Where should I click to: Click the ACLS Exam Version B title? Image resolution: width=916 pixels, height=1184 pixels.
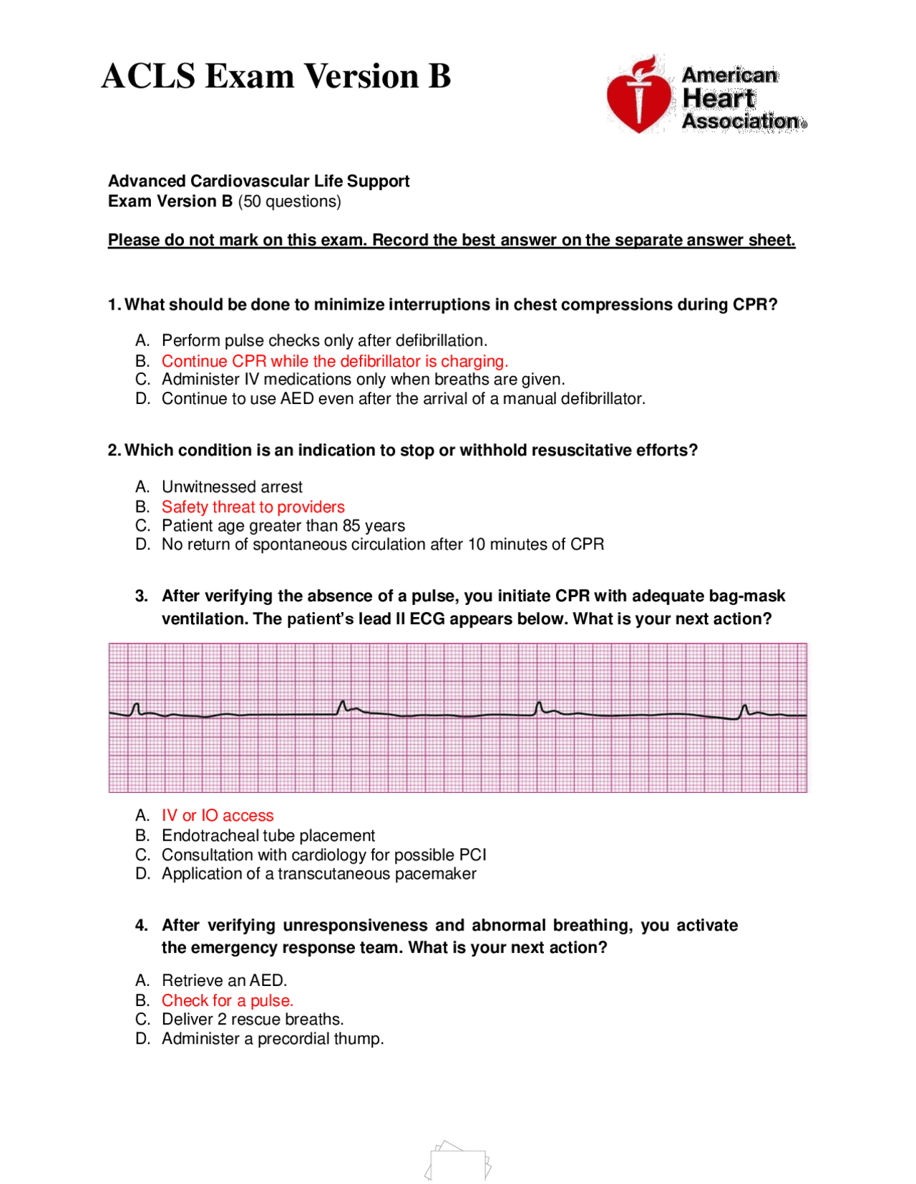[x=276, y=77]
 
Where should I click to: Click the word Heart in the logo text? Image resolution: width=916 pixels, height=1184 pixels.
[x=718, y=99]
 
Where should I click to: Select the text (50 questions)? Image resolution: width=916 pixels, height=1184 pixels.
[x=289, y=202]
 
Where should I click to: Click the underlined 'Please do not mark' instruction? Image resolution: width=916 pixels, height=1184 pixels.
[x=451, y=240]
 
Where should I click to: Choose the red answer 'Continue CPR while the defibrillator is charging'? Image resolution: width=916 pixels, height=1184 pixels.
[x=334, y=361]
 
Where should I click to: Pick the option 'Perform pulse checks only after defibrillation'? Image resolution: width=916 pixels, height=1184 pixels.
[x=324, y=340]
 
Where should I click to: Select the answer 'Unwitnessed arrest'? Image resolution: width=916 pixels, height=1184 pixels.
[x=232, y=487]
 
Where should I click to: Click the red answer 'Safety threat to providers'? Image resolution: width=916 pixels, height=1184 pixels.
[x=253, y=507]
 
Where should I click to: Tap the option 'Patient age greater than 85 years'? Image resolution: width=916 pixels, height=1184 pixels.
[x=283, y=526]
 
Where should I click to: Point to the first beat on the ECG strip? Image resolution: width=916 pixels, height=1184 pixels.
[x=135, y=709]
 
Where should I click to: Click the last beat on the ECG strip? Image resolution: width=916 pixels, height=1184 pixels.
[x=744, y=711]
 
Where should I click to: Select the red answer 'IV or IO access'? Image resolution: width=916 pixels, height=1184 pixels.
[x=218, y=816]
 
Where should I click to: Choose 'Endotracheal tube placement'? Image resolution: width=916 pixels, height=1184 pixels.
[x=268, y=836]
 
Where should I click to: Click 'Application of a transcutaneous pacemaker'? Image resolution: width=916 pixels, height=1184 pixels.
[x=318, y=874]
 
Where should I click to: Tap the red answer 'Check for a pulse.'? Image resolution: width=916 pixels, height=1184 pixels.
[x=227, y=1001]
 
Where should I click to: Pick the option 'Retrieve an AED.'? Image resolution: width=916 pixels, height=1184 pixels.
[x=224, y=980]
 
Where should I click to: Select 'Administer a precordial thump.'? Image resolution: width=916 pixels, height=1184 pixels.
[x=272, y=1039]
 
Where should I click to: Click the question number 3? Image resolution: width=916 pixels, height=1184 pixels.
[x=141, y=596]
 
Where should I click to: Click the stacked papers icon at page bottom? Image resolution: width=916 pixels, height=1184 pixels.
[x=458, y=1160]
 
